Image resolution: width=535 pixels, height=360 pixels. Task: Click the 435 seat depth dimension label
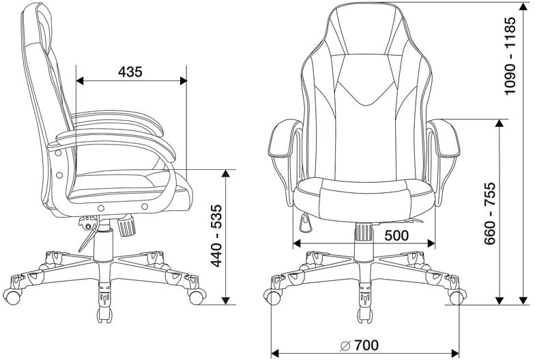click(x=130, y=72)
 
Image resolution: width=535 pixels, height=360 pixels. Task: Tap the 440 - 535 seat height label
click(x=216, y=236)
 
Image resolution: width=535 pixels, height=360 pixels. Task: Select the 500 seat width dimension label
click(x=396, y=235)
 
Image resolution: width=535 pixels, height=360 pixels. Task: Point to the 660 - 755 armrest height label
click(x=490, y=213)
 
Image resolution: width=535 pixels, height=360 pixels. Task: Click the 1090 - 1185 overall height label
click(x=510, y=56)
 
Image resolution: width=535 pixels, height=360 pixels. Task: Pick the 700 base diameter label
click(x=366, y=345)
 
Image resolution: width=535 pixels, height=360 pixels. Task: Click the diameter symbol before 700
click(x=345, y=345)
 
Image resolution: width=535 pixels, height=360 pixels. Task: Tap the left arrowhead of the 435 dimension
click(x=79, y=80)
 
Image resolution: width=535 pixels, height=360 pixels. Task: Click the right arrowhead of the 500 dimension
click(x=431, y=243)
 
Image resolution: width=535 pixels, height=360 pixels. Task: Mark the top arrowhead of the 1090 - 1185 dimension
click(x=523, y=7)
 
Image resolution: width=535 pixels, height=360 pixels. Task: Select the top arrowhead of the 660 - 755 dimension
click(x=500, y=123)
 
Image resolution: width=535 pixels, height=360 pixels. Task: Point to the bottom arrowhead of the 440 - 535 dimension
click(x=225, y=300)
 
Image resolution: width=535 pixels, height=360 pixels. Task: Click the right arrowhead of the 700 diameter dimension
click(x=455, y=353)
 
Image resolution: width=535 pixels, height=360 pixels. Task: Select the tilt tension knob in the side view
click(x=127, y=226)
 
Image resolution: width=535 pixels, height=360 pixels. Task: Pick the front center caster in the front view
click(x=365, y=303)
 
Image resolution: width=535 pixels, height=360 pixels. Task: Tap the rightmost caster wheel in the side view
click(x=197, y=297)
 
